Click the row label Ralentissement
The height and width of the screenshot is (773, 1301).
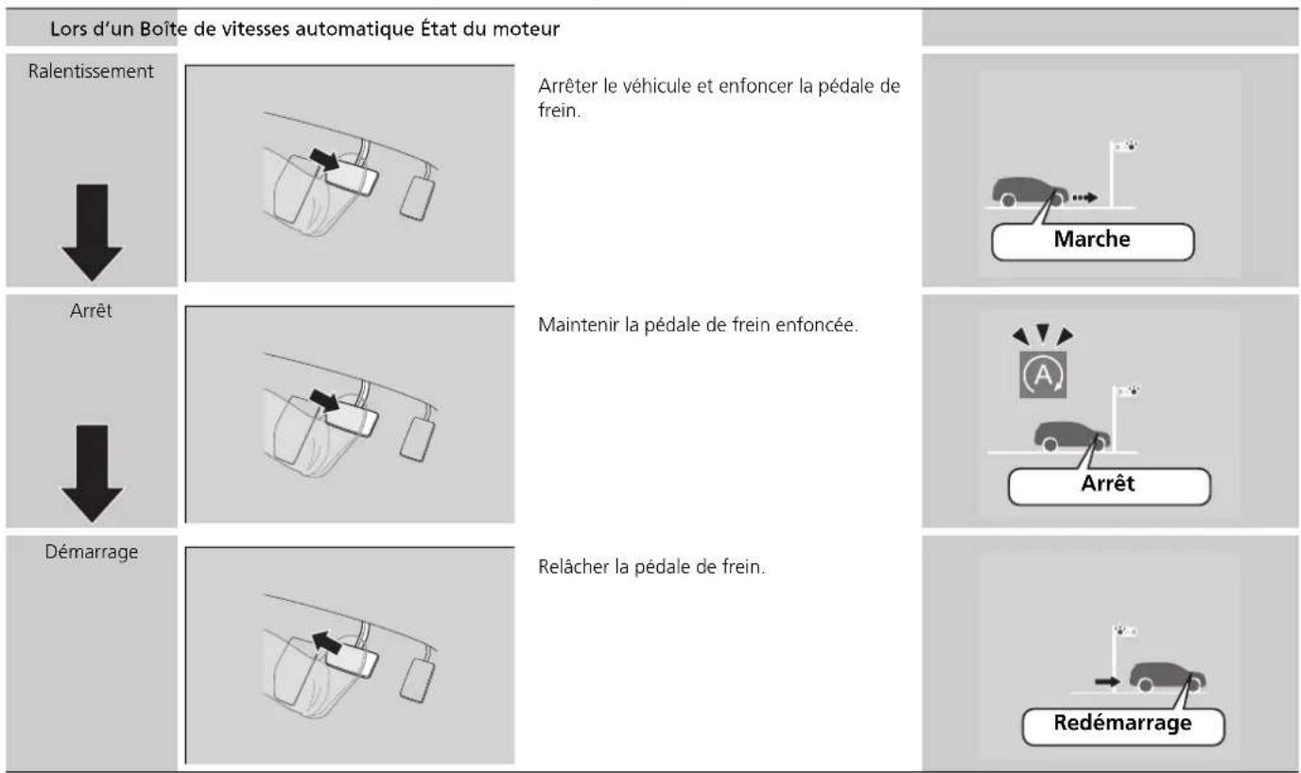tap(91, 72)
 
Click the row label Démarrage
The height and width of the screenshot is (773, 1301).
tap(91, 552)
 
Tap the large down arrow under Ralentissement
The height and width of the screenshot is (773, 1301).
tap(92, 232)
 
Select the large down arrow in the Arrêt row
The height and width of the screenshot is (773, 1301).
tap(92, 473)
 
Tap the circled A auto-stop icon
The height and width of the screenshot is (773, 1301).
tap(1043, 375)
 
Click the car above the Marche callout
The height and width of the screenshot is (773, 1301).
tap(1030, 191)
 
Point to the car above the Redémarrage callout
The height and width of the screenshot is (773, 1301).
tap(1167, 678)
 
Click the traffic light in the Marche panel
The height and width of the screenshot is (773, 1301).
tap(1121, 173)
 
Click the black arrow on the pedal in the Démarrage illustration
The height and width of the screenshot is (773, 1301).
tap(327, 643)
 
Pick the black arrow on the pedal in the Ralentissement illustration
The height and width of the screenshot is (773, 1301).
tap(324, 160)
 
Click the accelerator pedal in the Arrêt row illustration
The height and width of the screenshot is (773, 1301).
tap(417, 438)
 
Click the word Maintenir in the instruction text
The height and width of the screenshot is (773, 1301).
tap(579, 325)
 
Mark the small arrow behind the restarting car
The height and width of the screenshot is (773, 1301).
tap(1107, 681)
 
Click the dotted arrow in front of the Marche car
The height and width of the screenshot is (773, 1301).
tap(1084, 198)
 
